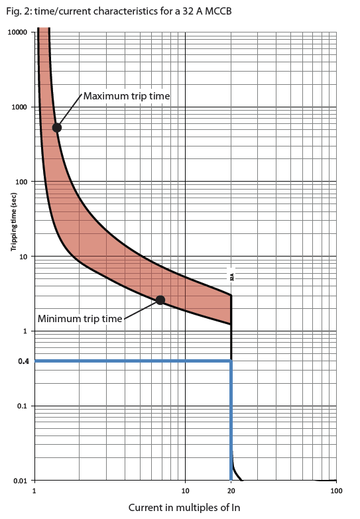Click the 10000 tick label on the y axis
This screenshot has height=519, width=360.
(17, 32)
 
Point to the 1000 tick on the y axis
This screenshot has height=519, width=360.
(19, 107)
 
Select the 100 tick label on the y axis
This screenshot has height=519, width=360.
(21, 182)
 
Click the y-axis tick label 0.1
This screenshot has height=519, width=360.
(23, 406)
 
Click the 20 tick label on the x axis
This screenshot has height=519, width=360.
(231, 491)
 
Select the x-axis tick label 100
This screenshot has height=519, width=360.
(335, 491)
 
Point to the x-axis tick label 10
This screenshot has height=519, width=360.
(185, 491)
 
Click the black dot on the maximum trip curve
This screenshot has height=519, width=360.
(57, 127)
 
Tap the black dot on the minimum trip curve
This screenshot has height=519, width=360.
(160, 300)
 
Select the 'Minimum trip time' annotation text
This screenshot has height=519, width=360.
(80, 318)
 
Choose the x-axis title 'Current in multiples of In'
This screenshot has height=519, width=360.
(184, 507)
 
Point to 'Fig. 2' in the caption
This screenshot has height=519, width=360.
(15, 11)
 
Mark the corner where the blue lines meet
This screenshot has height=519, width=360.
(231, 361)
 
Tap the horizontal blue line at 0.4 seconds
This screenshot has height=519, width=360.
(133, 361)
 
